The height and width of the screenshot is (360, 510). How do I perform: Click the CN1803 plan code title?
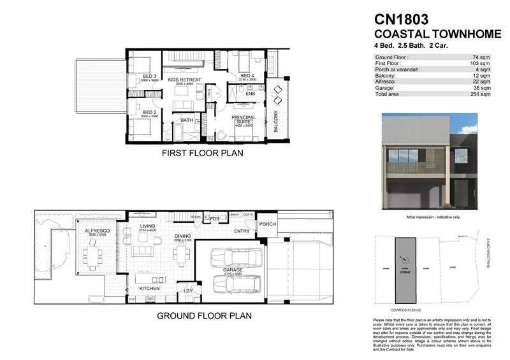click(x=402, y=20)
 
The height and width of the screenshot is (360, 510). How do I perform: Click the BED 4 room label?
click(x=247, y=76)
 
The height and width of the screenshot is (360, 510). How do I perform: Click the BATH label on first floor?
click(x=187, y=120)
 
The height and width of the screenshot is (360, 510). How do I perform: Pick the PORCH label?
click(x=266, y=224)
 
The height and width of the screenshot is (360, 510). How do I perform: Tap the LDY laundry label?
click(x=188, y=291)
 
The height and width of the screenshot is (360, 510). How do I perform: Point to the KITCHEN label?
click(x=147, y=289)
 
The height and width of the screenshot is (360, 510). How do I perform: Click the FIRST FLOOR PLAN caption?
click(x=202, y=153)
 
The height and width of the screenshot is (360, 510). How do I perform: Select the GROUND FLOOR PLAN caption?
click(x=204, y=315)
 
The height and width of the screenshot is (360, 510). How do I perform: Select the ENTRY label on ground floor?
click(x=242, y=231)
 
